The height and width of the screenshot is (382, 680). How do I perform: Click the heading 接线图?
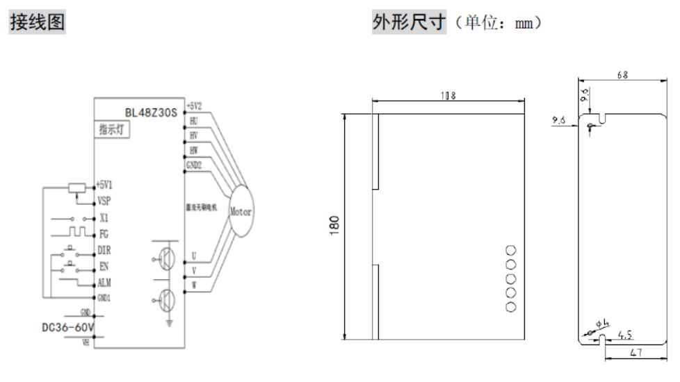click(x=37, y=23)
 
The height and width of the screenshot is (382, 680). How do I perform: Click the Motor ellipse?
click(x=241, y=210)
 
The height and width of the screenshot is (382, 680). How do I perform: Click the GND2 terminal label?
click(x=193, y=165)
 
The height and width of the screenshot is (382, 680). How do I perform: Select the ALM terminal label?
click(x=105, y=282)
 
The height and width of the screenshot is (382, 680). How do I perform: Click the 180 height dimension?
click(x=335, y=224)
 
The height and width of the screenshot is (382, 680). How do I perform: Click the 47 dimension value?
click(x=636, y=352)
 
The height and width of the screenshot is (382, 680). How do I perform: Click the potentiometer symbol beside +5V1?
click(x=76, y=187)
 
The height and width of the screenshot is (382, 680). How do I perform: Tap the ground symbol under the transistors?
click(x=168, y=320)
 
